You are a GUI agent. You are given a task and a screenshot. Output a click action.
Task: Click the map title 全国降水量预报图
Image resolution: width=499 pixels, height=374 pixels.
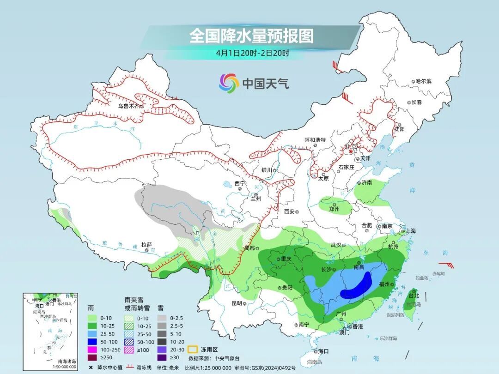pyautogui.click(x=251, y=36)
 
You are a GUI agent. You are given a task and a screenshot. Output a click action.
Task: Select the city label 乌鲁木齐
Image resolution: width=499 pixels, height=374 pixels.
pyautogui.click(x=129, y=106)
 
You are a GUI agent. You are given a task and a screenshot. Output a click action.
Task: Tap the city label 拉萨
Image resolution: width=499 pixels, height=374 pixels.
pyautogui.click(x=146, y=245)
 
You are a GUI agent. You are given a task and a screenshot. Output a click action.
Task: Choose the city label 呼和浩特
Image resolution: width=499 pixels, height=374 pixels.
pyautogui.click(x=315, y=140)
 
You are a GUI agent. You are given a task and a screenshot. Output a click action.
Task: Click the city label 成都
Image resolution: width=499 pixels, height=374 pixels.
pyautogui.click(x=249, y=248)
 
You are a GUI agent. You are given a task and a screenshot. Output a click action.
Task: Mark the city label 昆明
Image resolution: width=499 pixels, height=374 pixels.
pyautogui.click(x=237, y=303)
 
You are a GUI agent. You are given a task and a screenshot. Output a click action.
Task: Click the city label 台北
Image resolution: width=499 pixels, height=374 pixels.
pyautogui.click(x=413, y=296)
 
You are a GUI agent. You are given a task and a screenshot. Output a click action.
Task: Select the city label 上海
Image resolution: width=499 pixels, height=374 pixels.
pyautogui.click(x=410, y=231)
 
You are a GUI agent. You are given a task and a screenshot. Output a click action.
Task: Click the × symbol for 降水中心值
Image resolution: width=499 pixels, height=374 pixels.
pyautogui.click(x=91, y=368)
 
